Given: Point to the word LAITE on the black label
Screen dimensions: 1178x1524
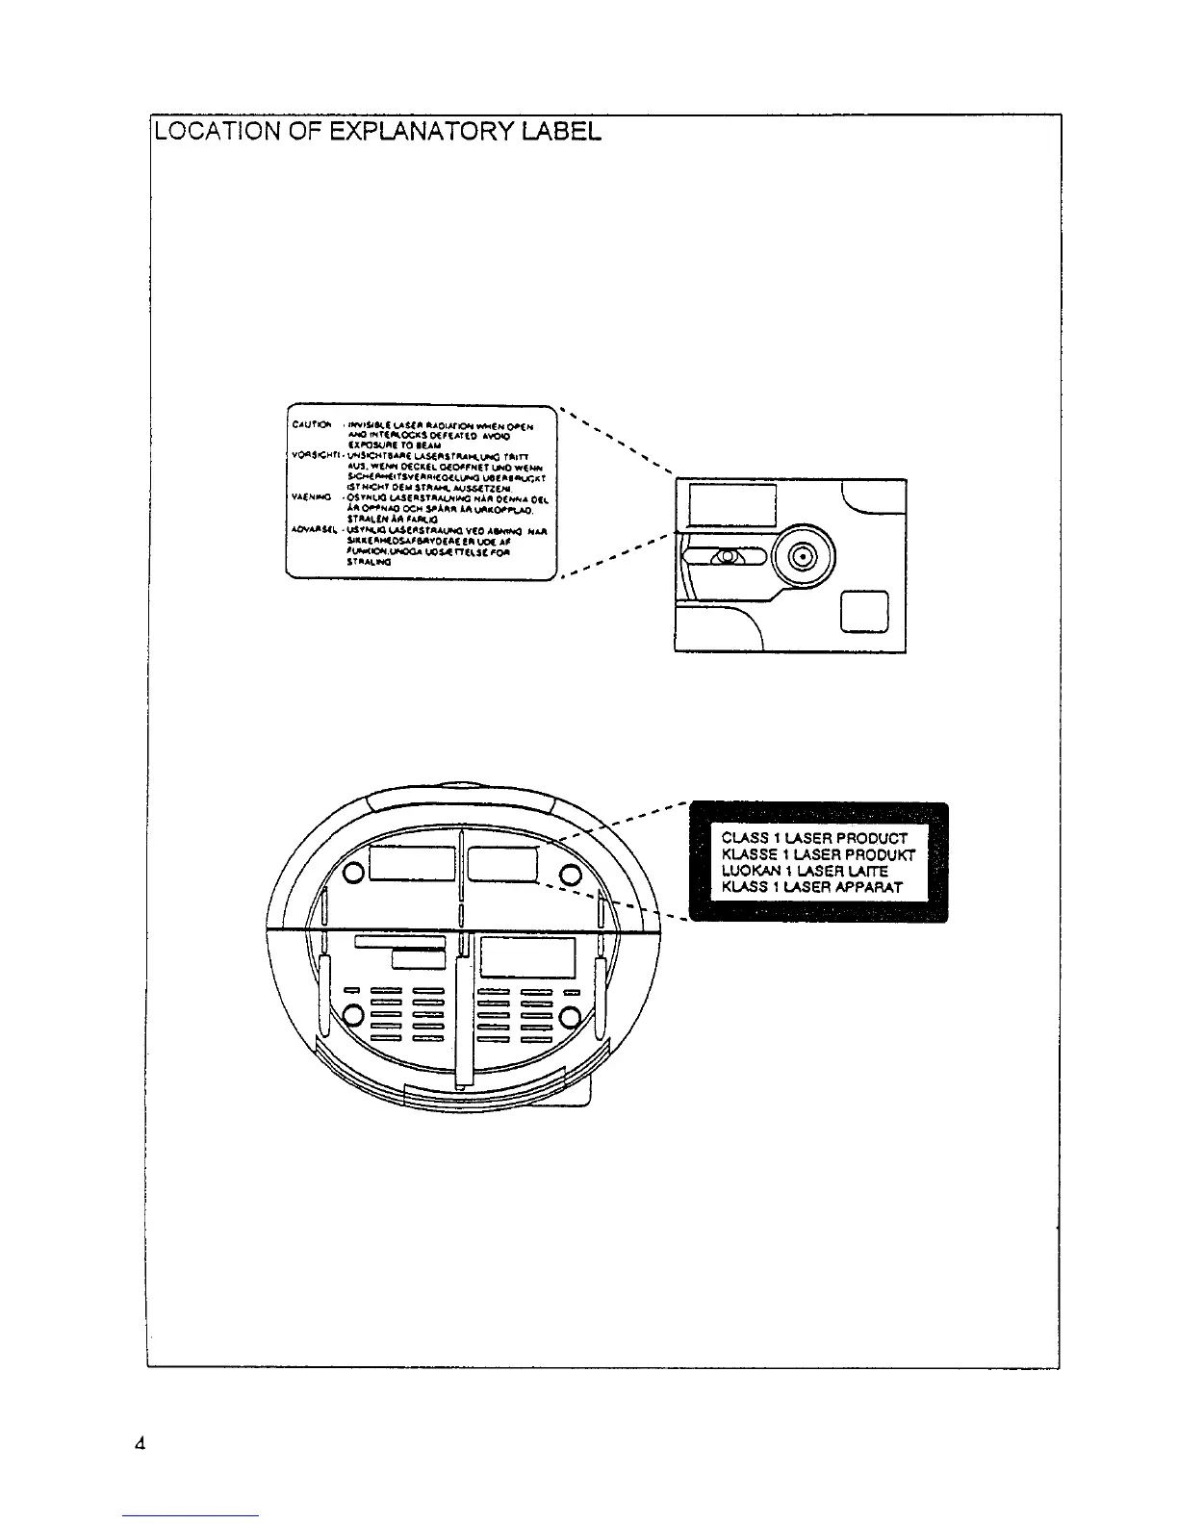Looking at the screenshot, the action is (x=865, y=871).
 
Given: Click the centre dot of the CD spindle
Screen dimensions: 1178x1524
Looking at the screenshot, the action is (x=805, y=555).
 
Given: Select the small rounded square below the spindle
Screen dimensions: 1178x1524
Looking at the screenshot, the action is (x=864, y=612).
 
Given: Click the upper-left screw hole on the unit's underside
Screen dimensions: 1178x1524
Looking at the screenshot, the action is (x=353, y=873).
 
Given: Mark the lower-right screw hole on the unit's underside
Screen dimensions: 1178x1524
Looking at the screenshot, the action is (x=570, y=1017).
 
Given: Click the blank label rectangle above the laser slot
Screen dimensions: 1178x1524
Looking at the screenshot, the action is (x=733, y=505).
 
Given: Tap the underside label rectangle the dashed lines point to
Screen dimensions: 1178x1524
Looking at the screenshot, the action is (x=502, y=864).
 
